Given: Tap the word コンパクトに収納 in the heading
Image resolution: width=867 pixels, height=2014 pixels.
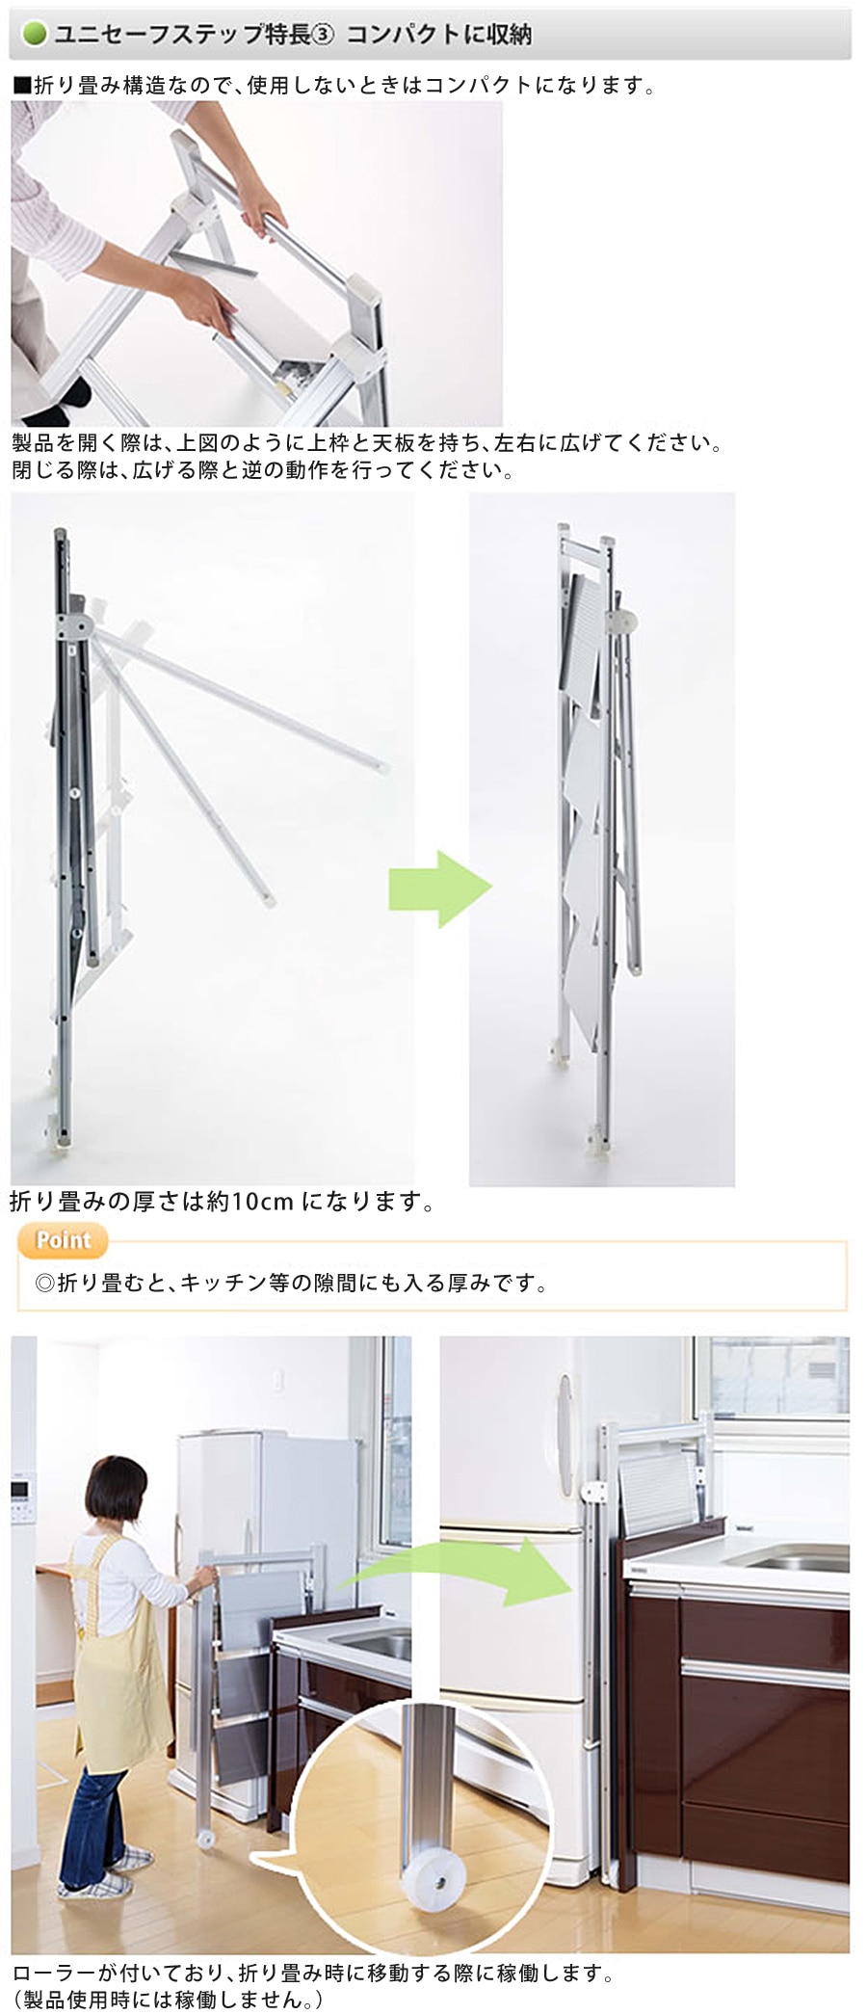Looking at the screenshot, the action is click(439, 36).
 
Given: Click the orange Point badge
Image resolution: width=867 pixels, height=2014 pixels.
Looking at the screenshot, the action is click(63, 1240).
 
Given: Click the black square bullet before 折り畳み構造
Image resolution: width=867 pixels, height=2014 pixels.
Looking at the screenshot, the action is click(22, 85).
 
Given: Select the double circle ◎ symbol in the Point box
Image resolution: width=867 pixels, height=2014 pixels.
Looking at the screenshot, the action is click(44, 1284).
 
